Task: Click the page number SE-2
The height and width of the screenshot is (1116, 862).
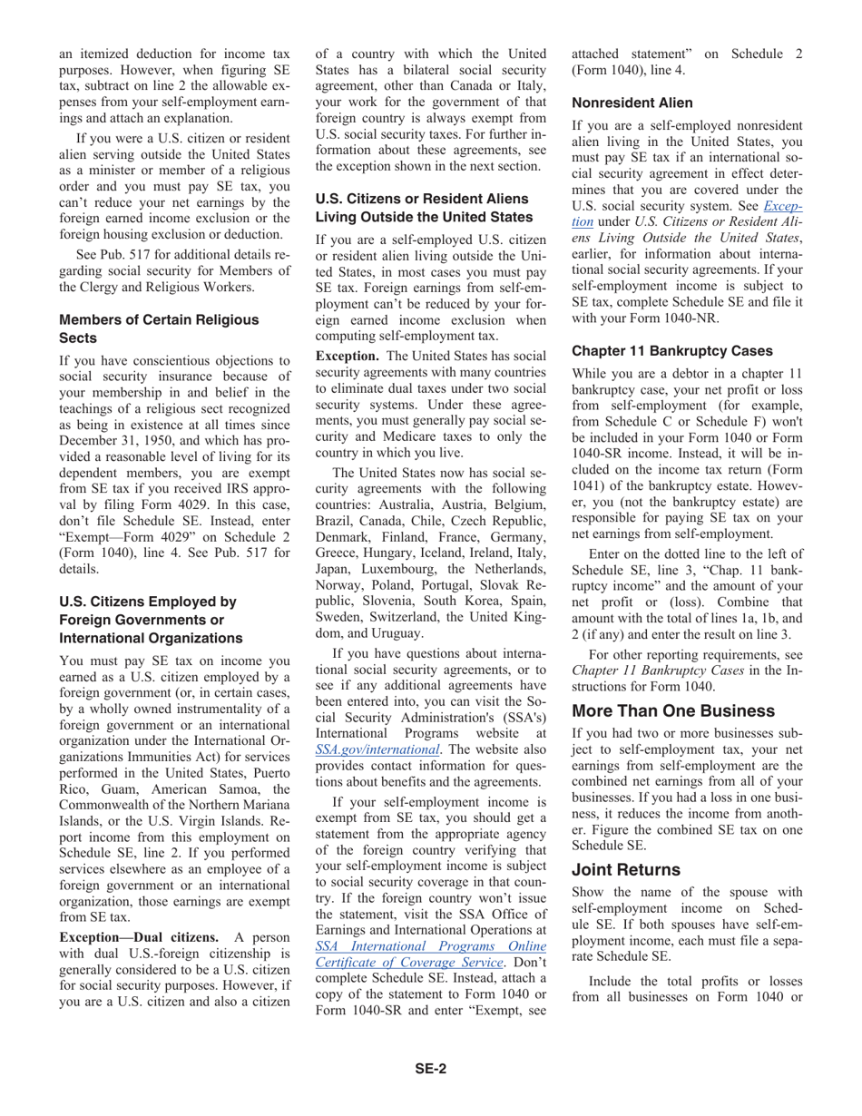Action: tap(430, 1069)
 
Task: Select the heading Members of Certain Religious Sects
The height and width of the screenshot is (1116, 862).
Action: tap(158, 328)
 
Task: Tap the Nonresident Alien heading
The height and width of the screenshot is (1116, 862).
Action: tap(632, 103)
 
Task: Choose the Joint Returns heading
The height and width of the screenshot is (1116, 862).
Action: tap(626, 868)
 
